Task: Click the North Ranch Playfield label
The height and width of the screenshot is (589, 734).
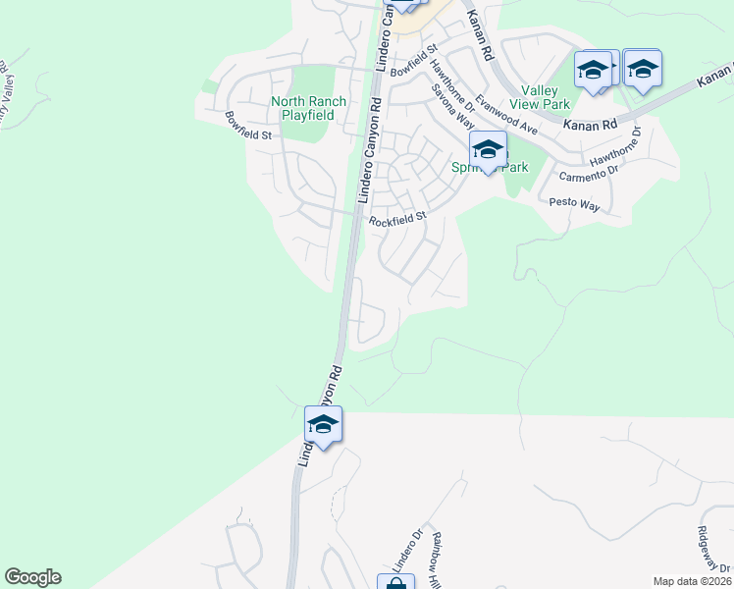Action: pos(303,108)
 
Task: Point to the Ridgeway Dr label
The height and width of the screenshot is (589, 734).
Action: pos(710,546)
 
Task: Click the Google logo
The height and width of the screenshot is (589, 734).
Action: pos(32,577)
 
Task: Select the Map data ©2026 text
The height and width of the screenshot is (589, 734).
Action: pos(693,581)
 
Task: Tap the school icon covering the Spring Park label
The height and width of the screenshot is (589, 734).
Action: pos(487,151)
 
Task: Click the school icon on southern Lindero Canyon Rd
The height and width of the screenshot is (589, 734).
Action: pos(323,425)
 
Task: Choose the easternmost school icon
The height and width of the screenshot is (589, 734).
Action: pos(642,69)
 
